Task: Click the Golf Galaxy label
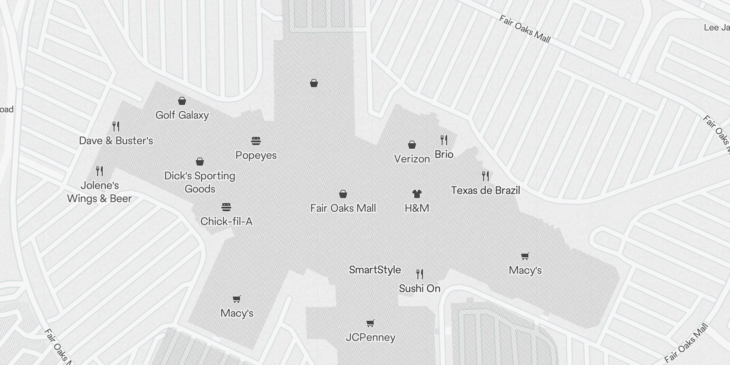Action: coord(182,115)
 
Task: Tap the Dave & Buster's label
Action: coord(116,141)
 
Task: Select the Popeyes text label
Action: coord(256,155)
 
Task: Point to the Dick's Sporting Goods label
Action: coord(200,182)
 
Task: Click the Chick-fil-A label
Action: coord(226,221)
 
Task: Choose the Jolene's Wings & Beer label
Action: coord(99,192)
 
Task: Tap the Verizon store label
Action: coord(412,159)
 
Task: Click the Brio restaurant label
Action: coord(444,154)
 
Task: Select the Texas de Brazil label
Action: coord(485,190)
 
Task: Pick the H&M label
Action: coord(417,208)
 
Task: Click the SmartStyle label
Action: coord(375,270)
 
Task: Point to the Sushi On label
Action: coord(420,288)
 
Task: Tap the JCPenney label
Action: coord(370,337)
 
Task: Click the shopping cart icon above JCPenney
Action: coord(370,323)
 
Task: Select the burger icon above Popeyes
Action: coord(256,141)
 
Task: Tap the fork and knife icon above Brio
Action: coord(444,140)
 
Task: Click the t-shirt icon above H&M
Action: coord(417,194)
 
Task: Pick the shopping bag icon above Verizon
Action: coord(412,145)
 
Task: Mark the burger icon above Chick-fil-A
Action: coord(226,207)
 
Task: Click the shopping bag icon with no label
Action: coord(314,83)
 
